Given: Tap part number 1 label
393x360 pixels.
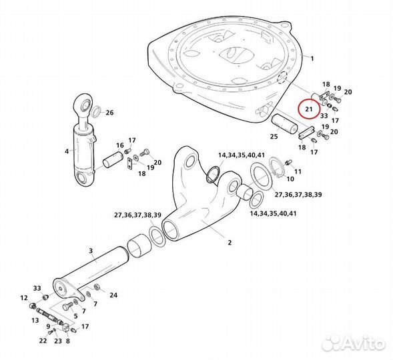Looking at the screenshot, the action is pyautogui.click(x=312, y=59).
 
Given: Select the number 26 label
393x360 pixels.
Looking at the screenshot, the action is pyautogui.click(x=109, y=113).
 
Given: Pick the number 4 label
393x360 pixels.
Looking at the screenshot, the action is pyautogui.click(x=67, y=151).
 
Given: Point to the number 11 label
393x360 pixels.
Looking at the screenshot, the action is pyautogui.click(x=298, y=172).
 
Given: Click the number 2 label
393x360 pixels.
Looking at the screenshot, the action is pyautogui.click(x=230, y=243).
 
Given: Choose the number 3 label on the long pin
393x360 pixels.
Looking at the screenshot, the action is pyautogui.click(x=91, y=251).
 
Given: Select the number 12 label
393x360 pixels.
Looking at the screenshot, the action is pyautogui.click(x=24, y=298).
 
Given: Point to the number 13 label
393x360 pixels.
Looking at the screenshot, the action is pyautogui.click(x=35, y=320).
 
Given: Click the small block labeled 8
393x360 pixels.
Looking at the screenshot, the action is pyautogui.click(x=65, y=328).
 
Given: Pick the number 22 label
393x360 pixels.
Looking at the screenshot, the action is pyautogui.click(x=43, y=341).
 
